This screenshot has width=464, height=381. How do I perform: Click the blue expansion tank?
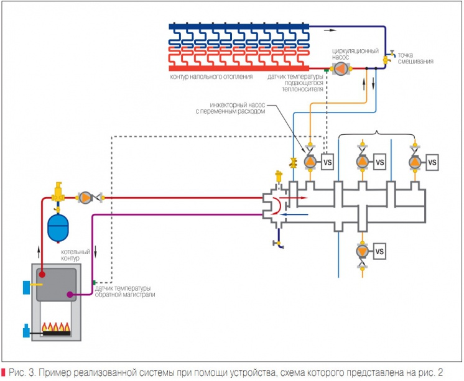click(59, 229)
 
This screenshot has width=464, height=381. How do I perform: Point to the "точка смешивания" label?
click(415, 58)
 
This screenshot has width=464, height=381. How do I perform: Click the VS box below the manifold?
click(381, 252)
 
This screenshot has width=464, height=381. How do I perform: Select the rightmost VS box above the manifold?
click(433, 162)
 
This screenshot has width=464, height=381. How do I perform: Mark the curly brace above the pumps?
click(378, 134)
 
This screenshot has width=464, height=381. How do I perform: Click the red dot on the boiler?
click(42, 273)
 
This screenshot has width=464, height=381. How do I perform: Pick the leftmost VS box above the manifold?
click(328, 162)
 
